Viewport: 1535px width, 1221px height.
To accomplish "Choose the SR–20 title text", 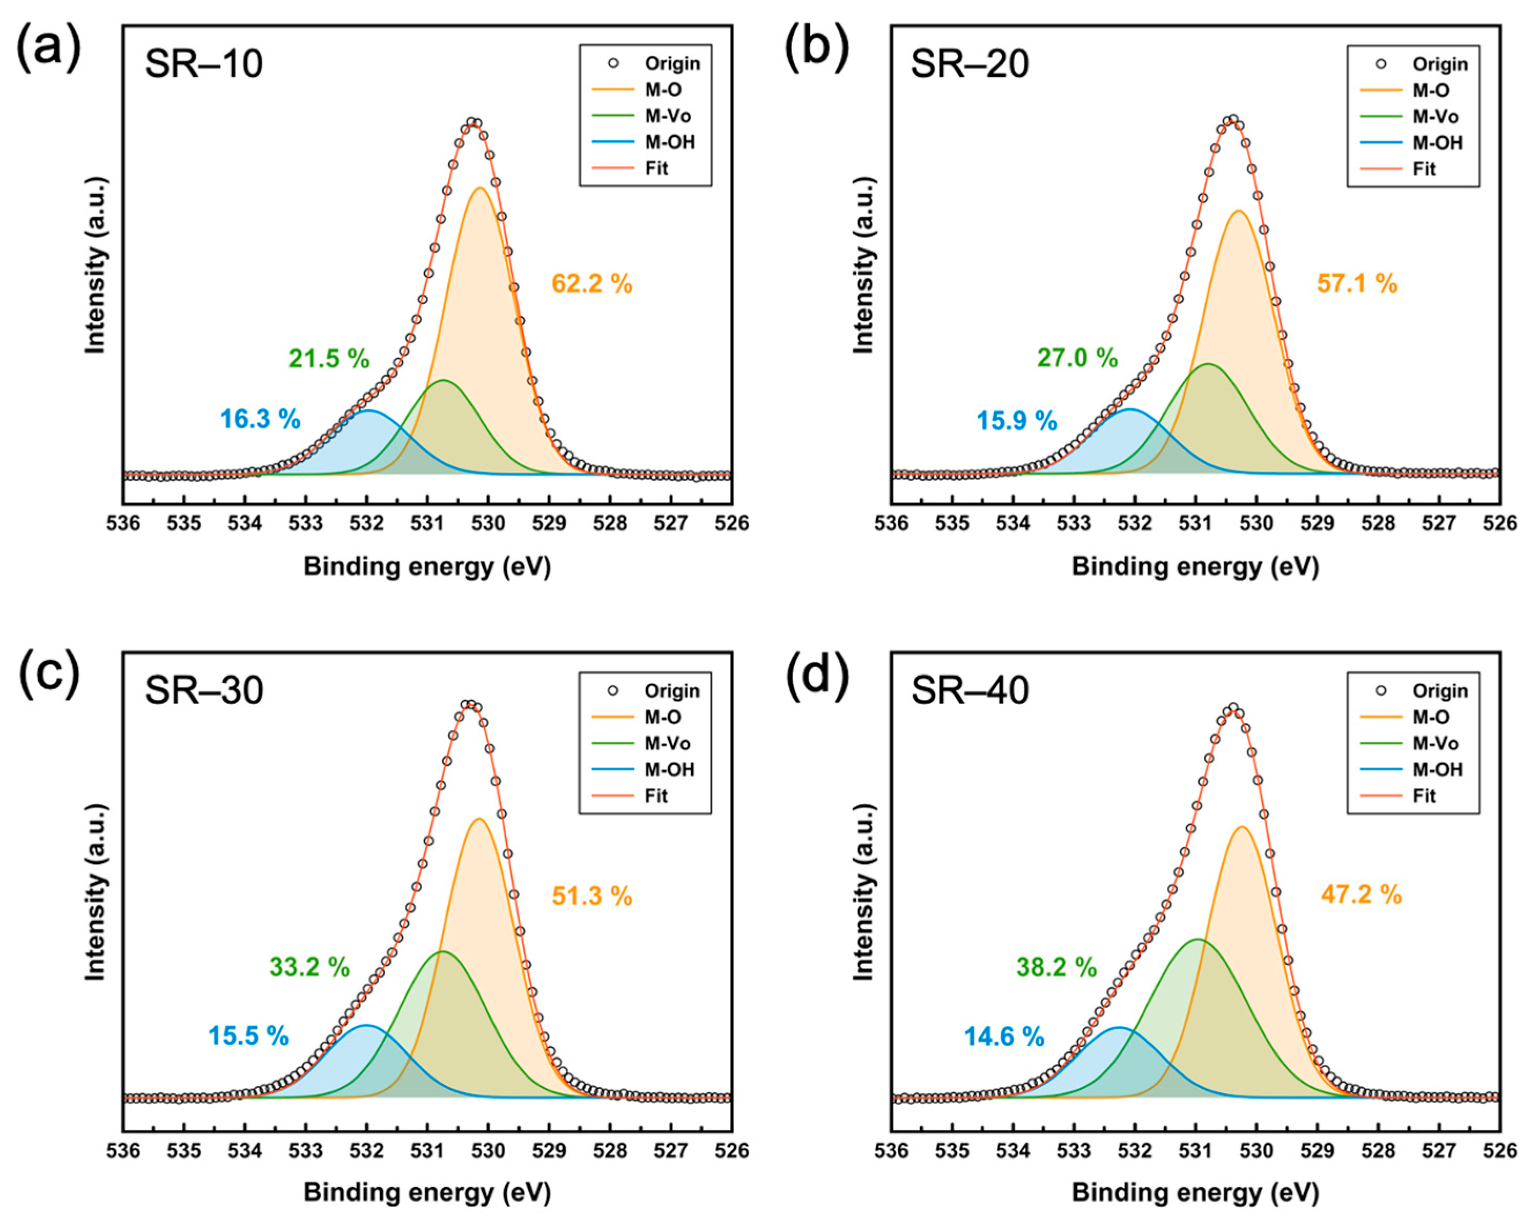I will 970,65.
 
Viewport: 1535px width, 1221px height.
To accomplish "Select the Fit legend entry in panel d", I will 1424,796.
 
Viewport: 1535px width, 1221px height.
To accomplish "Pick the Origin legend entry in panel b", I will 1439,65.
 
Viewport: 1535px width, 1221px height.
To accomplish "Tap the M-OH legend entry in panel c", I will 669,770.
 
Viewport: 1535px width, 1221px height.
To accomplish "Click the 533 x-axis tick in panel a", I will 305,524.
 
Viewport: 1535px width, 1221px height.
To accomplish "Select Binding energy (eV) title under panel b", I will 1196,567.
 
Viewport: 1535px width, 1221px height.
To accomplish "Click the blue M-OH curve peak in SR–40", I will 1119,1027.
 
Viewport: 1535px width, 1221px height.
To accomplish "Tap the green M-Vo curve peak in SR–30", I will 441,951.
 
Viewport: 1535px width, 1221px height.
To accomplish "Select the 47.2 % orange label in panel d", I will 1361,895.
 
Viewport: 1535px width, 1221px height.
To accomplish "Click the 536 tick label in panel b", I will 891,524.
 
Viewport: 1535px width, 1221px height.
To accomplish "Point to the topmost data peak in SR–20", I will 1232,120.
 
